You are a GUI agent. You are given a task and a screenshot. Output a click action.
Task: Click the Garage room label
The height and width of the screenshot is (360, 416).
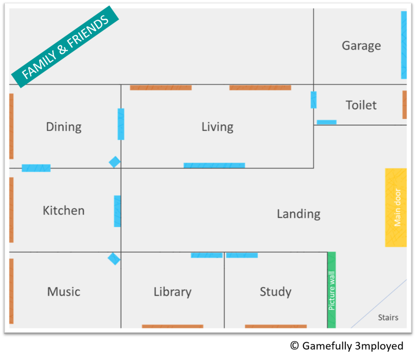click(361, 46)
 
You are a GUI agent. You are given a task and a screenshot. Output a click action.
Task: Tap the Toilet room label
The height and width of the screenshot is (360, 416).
click(361, 105)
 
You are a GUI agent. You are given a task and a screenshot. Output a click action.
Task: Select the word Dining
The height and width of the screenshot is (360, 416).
click(64, 127)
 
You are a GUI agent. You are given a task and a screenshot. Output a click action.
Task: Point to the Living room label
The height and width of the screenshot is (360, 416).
click(218, 127)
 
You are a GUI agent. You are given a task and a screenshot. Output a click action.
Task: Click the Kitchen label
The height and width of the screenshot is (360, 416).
click(64, 211)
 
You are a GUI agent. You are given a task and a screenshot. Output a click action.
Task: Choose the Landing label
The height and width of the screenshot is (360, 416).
click(299, 214)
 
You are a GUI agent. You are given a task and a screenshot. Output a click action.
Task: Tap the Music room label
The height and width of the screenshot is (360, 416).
click(64, 292)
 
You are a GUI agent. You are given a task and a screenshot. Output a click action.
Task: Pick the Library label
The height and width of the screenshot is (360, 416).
click(173, 292)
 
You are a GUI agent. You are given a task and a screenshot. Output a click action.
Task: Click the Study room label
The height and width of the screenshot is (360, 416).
click(276, 292)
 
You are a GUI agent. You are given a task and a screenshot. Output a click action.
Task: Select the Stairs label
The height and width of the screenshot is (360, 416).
click(388, 317)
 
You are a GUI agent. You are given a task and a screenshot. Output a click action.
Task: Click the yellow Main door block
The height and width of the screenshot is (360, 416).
click(396, 207)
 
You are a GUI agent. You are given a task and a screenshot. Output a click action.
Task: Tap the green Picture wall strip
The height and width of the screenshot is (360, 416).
click(332, 290)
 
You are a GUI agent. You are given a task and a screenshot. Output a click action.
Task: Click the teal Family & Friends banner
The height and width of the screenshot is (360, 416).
click(65, 47)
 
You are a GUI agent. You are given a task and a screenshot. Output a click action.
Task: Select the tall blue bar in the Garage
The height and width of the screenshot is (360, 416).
click(404, 45)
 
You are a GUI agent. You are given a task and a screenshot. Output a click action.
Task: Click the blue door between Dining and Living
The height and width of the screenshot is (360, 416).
click(121, 124)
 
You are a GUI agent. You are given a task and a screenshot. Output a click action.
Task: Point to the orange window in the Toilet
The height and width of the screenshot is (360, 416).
click(404, 105)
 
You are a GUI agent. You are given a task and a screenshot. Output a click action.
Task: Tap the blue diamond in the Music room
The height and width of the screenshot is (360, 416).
click(114, 259)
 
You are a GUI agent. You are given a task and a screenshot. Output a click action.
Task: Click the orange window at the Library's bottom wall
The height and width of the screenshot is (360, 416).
click(173, 326)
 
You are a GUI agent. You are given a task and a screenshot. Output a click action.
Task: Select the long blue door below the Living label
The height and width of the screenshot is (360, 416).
click(214, 165)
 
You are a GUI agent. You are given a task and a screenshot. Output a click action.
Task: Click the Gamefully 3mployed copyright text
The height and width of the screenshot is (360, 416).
click(346, 346)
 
